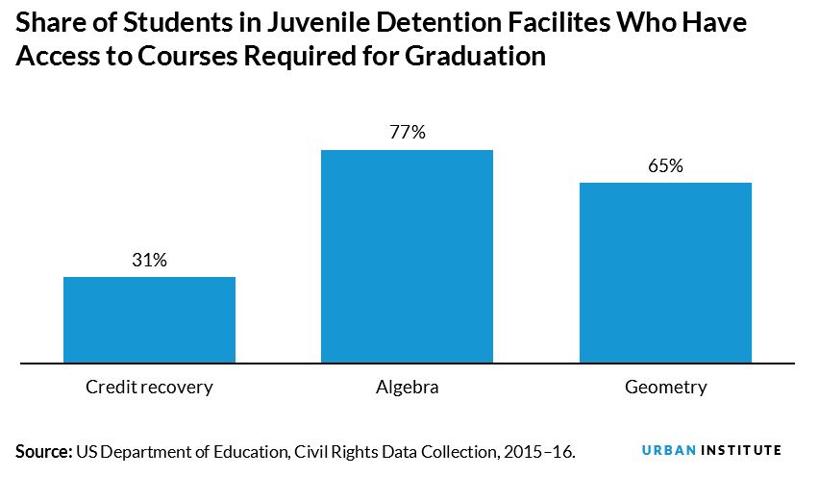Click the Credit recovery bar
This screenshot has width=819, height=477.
click(149, 320)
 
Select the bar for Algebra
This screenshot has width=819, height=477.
click(407, 257)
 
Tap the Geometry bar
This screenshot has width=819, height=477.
click(665, 273)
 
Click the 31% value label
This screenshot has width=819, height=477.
click(149, 260)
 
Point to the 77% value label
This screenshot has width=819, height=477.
click(407, 133)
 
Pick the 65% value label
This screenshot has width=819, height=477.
click(665, 165)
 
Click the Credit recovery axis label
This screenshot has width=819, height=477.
click(149, 388)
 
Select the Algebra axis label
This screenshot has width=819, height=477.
click(407, 388)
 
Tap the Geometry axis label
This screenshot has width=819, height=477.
click(665, 388)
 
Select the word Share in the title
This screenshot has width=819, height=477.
click(48, 22)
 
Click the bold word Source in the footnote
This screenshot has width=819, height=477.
click(42, 450)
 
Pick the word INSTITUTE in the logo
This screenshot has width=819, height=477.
click(741, 450)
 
